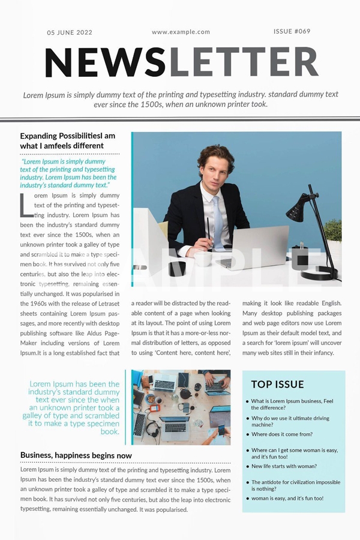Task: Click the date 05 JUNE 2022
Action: [x=70, y=32]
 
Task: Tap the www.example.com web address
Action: [x=181, y=32]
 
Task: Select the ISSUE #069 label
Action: [x=292, y=31]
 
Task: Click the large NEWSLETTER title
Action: [x=181, y=62]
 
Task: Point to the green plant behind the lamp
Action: [x=334, y=230]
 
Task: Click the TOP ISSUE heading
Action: [x=277, y=385]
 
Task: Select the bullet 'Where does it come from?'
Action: [x=281, y=434]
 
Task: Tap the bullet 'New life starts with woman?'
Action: [x=284, y=466]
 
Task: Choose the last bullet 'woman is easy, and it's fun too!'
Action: [x=287, y=498]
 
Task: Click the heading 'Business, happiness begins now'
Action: [x=76, y=455]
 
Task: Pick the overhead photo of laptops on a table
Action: [x=181, y=407]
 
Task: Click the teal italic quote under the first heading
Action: [x=68, y=173]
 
